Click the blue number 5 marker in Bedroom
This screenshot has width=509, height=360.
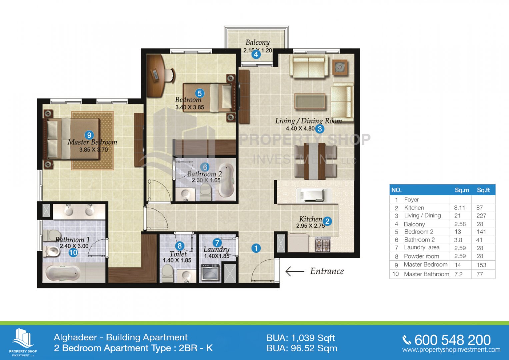click(200, 93)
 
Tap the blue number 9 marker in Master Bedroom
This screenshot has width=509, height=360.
click(89, 135)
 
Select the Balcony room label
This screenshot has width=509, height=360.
click(257, 43)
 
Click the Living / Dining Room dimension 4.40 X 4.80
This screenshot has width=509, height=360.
click(300, 129)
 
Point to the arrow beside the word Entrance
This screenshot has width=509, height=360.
click(295, 271)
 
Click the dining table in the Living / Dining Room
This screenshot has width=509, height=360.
click(315, 161)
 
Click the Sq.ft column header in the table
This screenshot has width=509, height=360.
click(483, 190)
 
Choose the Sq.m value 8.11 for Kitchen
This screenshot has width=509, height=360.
click(459, 208)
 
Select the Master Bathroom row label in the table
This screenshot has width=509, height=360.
click(426, 274)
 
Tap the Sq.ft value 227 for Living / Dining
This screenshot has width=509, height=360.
click(481, 216)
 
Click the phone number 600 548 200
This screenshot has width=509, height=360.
click(452, 340)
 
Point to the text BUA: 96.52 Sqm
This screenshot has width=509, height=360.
click(302, 348)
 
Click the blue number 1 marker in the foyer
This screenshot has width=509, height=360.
click(256, 248)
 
